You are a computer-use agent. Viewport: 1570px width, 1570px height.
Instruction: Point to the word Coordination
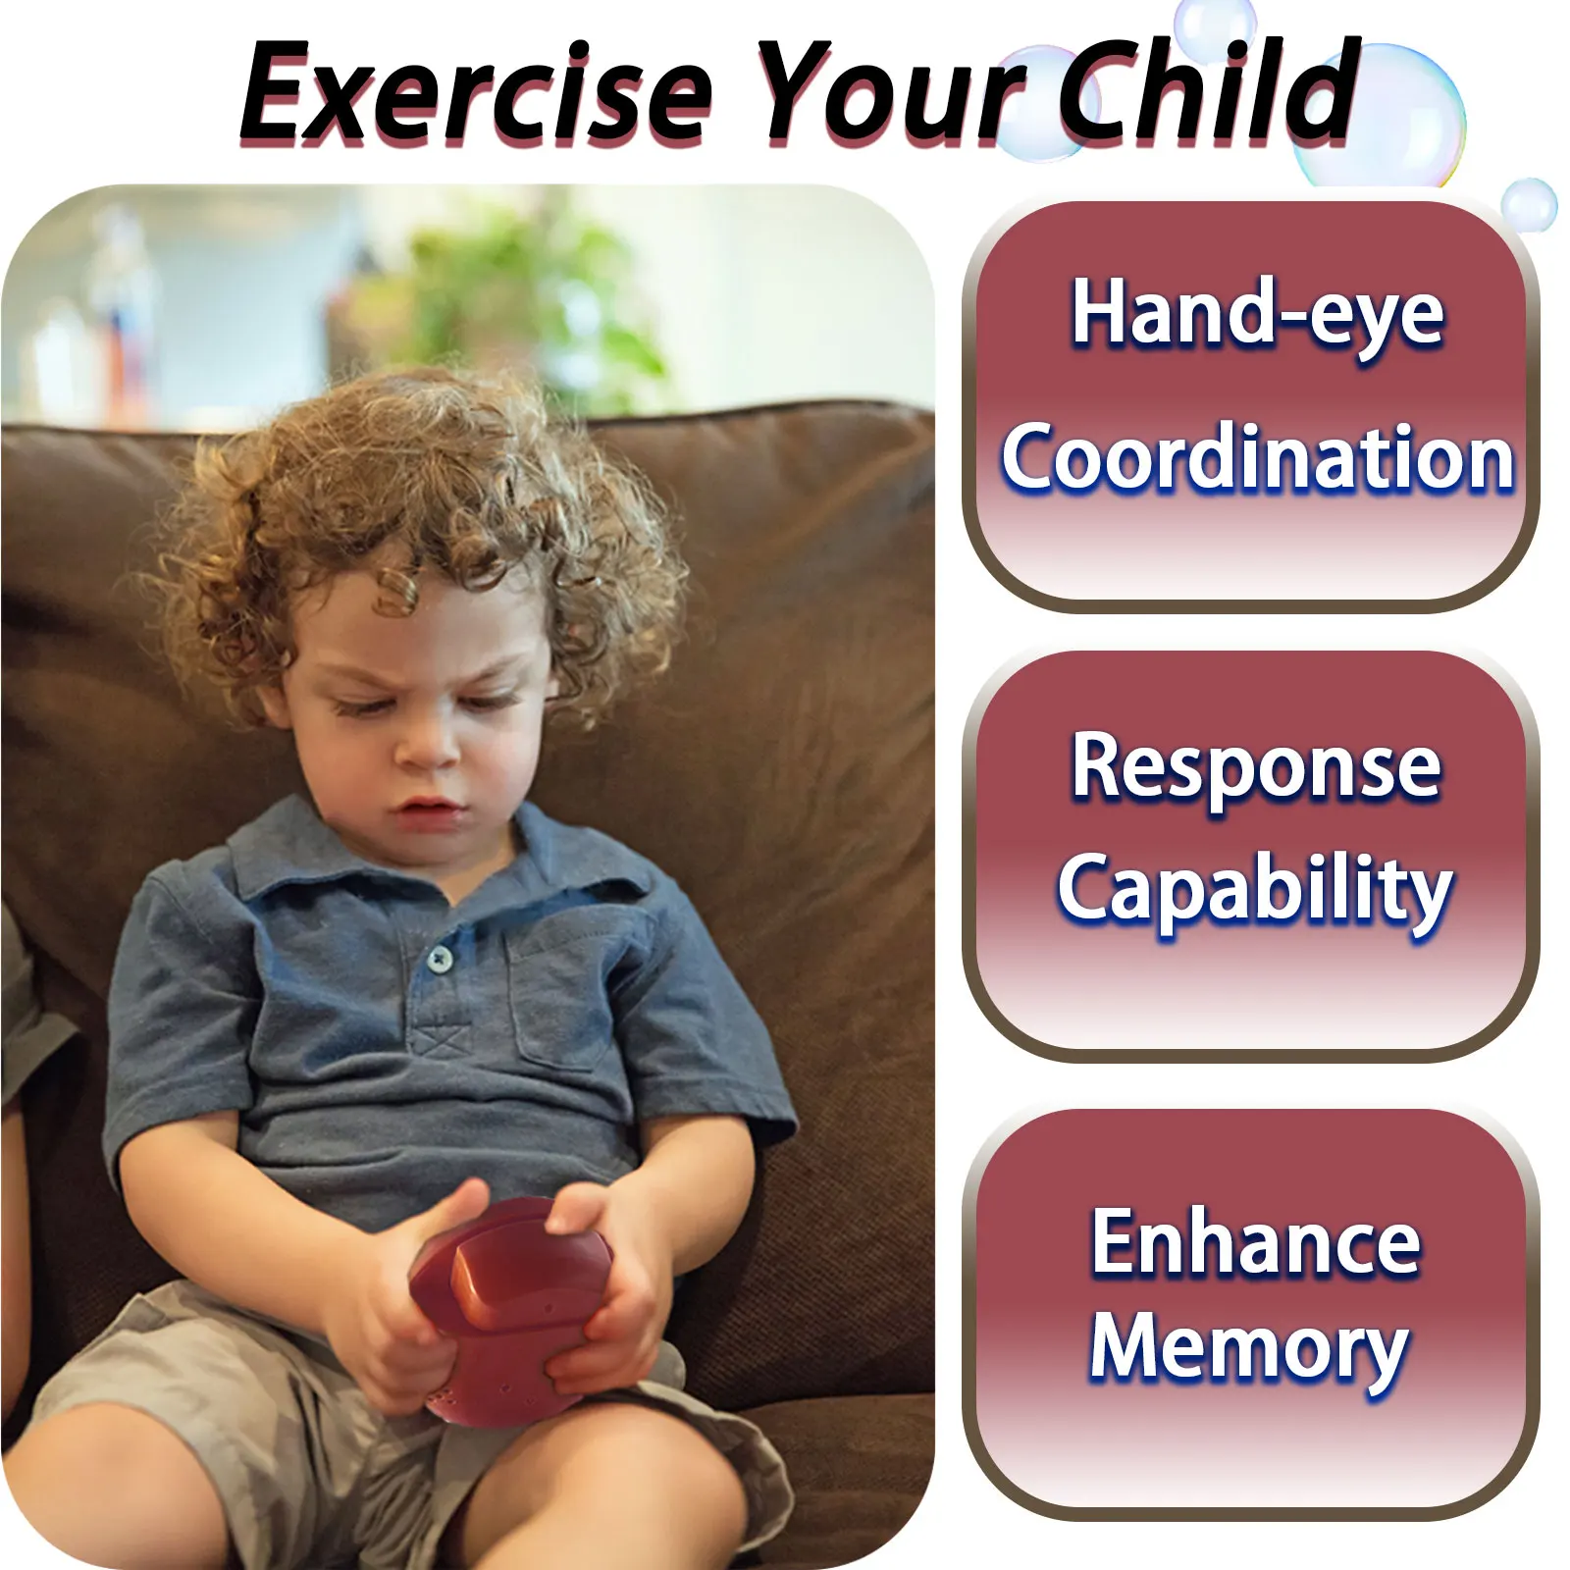click(x=1257, y=457)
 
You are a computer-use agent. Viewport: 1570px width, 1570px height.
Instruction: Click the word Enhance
click(x=1256, y=1242)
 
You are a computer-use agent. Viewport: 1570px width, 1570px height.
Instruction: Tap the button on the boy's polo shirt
click(x=441, y=958)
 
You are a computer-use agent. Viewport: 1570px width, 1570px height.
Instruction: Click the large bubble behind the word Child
click(x=1379, y=118)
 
